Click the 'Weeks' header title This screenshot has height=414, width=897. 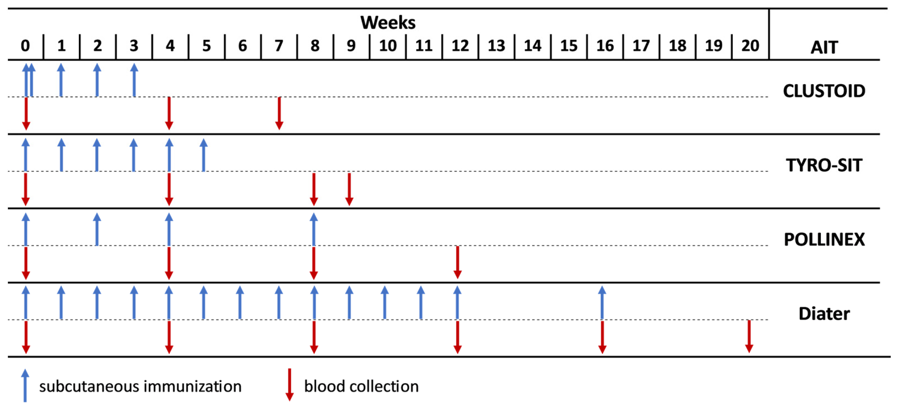coord(387,23)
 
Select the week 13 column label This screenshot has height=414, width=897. coord(496,46)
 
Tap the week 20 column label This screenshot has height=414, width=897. coord(750,46)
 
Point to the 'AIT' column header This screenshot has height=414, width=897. coord(824,48)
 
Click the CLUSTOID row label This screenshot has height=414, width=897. coord(824,91)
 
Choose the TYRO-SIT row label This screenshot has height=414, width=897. coord(824,165)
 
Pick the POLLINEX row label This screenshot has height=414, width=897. coord(824,239)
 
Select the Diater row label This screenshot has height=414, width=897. coord(824,314)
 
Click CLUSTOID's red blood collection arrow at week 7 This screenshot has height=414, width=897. coord(279,113)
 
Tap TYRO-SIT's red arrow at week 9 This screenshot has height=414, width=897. coord(349,189)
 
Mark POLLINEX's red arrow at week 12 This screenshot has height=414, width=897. coord(458,262)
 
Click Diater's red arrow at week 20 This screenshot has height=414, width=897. coord(749,336)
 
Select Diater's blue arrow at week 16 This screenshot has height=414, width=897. coord(602,303)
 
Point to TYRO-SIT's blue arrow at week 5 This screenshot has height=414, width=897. coord(203,155)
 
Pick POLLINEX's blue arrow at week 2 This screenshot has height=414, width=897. coord(97,230)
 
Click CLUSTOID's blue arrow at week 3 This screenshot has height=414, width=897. coord(134,80)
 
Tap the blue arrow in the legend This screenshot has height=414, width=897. coord(25,385)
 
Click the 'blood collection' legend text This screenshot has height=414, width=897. coord(361,387)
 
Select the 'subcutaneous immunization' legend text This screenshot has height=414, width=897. coord(140,387)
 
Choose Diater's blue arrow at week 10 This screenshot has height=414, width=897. coord(385,303)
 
